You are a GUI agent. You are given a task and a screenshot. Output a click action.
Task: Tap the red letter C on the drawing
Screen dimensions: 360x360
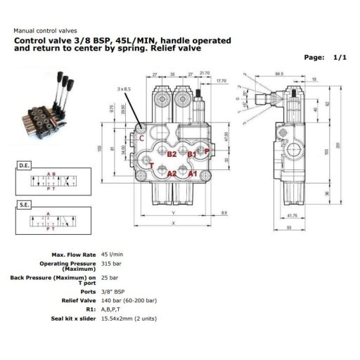click(143, 139)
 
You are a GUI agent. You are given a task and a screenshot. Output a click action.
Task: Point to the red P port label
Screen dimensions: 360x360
click(206, 150)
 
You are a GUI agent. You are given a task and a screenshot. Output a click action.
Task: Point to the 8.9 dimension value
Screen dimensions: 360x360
click(223, 212)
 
